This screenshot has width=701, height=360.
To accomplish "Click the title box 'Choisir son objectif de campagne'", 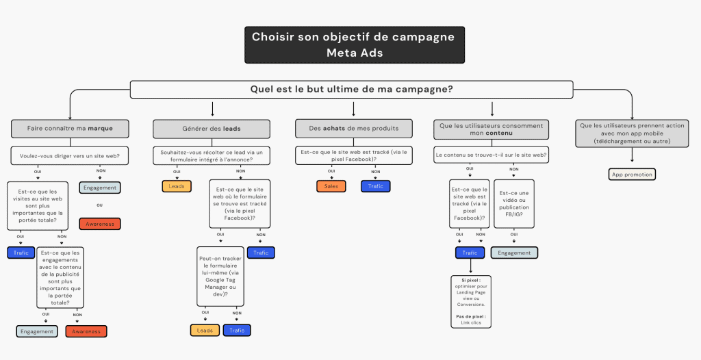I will click(353, 44).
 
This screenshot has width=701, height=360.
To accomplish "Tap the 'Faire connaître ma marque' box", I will click(70, 128).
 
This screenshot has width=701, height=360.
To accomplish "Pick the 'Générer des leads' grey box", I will click(212, 128).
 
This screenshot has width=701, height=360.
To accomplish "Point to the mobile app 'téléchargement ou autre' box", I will click(633, 133).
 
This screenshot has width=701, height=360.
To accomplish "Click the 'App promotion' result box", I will click(632, 175).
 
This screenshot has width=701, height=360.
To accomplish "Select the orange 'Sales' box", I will click(331, 186).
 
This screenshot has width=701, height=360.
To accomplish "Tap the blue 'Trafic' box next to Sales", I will click(376, 186).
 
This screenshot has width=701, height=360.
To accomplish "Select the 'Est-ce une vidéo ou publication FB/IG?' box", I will click(514, 203).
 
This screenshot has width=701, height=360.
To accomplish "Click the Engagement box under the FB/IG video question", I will click(514, 253).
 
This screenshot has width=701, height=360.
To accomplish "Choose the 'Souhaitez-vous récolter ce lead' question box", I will click(212, 155).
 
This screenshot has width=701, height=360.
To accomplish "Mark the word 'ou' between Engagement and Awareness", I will click(99, 205).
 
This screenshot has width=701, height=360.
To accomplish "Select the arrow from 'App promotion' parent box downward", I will click(632, 156).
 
